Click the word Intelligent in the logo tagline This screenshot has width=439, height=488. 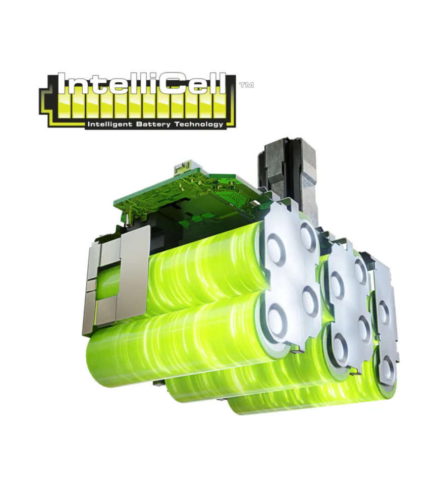click(x=110, y=125)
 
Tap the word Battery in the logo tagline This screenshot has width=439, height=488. click(x=153, y=125)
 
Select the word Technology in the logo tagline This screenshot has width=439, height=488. click(x=199, y=125)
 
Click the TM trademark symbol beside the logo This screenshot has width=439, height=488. click(x=246, y=85)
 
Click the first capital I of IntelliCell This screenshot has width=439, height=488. click(x=62, y=83)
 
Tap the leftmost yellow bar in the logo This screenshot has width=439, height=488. click(x=63, y=106)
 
